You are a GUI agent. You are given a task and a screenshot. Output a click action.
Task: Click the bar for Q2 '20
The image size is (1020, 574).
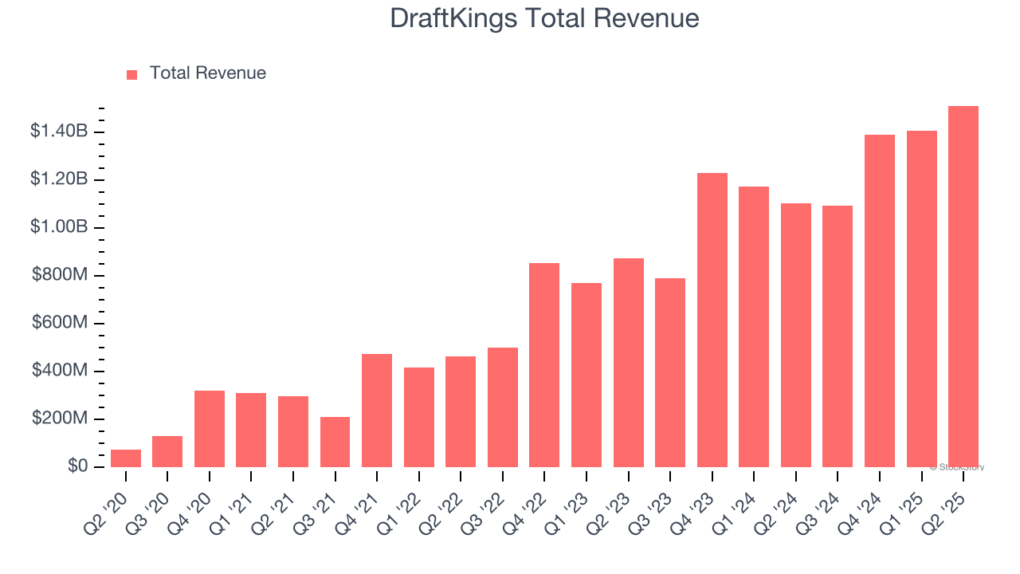click(126, 458)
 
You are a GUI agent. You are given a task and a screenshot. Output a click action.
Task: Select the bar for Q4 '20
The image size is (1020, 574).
click(210, 429)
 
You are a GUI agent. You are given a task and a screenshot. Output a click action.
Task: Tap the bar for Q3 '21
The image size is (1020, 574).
click(335, 442)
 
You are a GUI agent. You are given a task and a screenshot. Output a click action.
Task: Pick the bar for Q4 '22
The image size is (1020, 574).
click(544, 365)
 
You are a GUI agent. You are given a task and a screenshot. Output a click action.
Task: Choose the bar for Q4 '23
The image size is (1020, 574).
click(712, 320)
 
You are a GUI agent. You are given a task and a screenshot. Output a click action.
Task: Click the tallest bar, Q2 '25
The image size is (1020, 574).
click(963, 286)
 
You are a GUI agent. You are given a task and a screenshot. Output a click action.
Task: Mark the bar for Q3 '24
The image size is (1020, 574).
click(838, 336)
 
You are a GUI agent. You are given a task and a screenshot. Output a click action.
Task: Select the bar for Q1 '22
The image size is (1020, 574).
click(418, 417)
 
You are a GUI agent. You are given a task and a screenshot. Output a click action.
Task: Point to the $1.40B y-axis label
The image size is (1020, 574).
click(59, 132)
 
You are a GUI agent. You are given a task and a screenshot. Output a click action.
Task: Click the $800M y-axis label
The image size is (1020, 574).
click(61, 275)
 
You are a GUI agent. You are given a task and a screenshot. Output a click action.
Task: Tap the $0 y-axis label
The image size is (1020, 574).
click(77, 466)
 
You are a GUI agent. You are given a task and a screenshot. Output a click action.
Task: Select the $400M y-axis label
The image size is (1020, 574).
click(61, 371)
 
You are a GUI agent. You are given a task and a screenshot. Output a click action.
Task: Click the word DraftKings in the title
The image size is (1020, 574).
click(453, 18)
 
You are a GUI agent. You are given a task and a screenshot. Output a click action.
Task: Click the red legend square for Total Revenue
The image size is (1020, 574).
click(132, 74)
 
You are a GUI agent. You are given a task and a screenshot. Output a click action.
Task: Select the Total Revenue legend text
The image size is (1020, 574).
click(207, 73)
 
